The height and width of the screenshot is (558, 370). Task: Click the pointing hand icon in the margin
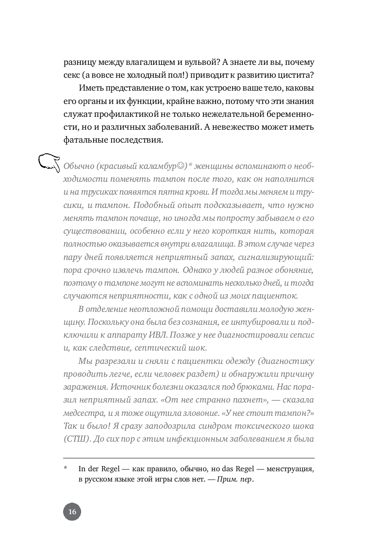tap(49, 163)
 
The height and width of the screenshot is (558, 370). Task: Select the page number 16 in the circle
tap(72, 512)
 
